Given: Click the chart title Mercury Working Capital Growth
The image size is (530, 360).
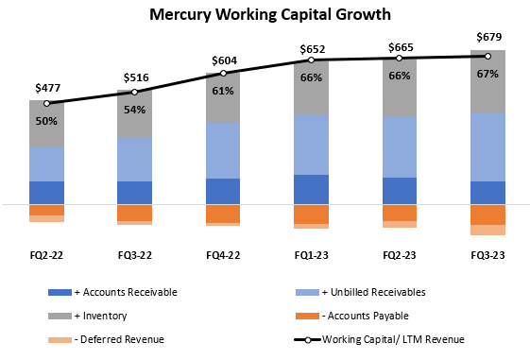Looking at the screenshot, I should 264,16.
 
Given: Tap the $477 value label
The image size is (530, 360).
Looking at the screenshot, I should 46,88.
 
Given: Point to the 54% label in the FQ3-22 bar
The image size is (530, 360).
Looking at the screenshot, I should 134,109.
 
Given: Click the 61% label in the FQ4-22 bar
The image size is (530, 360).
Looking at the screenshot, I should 223,91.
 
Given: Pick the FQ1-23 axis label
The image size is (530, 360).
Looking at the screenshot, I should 311,254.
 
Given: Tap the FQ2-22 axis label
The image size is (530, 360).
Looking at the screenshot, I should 46,254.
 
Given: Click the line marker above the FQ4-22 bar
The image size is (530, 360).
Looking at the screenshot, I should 223,73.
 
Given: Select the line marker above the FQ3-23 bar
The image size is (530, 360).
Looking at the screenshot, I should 488,56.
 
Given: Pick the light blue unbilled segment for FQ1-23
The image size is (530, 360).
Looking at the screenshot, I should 311,145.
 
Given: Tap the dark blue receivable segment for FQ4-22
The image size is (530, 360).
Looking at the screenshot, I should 223,191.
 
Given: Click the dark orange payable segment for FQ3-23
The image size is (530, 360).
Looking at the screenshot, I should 488,214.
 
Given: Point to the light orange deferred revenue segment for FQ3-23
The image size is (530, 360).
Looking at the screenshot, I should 488,230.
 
